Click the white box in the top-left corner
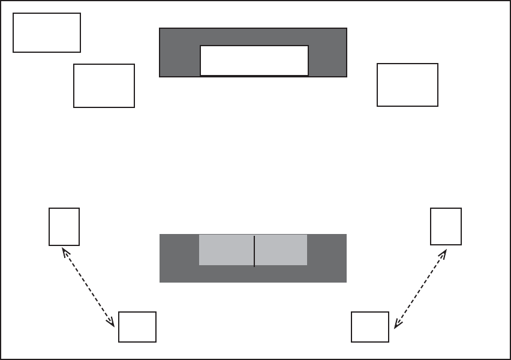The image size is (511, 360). [47, 32]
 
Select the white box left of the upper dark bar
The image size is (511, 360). [104, 86]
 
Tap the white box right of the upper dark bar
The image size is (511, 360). [407, 85]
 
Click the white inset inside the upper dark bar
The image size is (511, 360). [254, 61]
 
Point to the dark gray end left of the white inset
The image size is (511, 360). [179, 53]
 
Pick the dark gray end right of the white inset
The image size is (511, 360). [327, 53]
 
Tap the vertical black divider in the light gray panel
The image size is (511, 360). [254, 251]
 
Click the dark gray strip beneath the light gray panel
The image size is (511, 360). [253, 274]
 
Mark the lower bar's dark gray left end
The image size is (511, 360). [179, 258]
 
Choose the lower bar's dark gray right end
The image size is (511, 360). [327, 258]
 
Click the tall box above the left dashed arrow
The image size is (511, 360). [64, 226]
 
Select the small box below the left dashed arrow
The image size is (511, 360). [137, 327]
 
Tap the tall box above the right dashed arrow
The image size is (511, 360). [446, 226]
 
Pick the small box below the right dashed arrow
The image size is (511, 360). [370, 327]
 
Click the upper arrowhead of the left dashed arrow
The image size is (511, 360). [65, 251]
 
